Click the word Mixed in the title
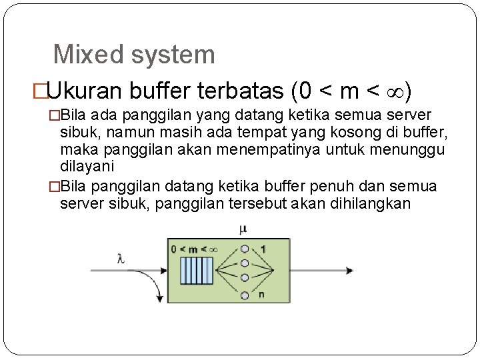(83, 55)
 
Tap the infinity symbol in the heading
(393, 89)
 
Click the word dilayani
(87, 166)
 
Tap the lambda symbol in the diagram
(121, 259)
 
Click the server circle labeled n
(245, 295)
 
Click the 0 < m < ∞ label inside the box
(194, 249)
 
